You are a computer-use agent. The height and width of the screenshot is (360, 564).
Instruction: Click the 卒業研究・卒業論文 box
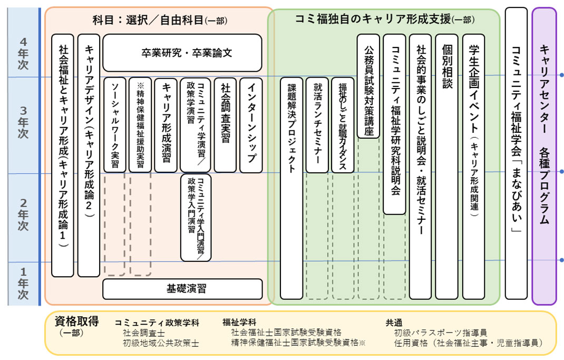click(182, 53)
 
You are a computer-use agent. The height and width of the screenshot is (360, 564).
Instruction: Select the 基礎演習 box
click(182, 289)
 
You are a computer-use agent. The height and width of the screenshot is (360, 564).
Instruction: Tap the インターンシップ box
click(251, 125)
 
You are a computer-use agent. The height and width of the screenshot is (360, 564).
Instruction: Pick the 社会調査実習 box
click(225, 125)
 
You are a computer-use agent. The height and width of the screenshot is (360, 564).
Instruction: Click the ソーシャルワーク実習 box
click(115, 125)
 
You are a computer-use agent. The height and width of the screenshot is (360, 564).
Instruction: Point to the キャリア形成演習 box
click(166, 125)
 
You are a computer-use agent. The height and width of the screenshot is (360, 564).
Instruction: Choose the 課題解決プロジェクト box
click(291, 188)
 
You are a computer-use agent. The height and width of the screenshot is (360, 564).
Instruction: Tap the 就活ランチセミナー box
click(317, 125)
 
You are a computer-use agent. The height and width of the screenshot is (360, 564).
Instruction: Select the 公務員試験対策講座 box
click(368, 86)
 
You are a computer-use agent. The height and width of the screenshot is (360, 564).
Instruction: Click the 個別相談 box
click(446, 167)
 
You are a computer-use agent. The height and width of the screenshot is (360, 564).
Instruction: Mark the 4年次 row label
click(23, 54)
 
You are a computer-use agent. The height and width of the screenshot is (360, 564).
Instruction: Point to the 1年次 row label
click(23, 283)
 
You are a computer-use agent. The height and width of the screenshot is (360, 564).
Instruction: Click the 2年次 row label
click(23, 215)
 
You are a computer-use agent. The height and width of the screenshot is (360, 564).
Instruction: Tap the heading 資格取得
click(76, 321)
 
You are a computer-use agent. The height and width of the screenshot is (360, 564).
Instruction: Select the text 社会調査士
click(144, 333)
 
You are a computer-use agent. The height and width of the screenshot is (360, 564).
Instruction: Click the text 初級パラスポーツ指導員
click(440, 333)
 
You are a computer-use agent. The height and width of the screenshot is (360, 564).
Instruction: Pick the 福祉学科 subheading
click(239, 323)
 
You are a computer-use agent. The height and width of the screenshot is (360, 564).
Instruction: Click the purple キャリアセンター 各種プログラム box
click(544, 156)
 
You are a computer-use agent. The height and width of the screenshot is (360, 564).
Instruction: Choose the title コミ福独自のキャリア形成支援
click(373, 18)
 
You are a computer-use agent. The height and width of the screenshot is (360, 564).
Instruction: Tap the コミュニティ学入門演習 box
click(196, 218)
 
